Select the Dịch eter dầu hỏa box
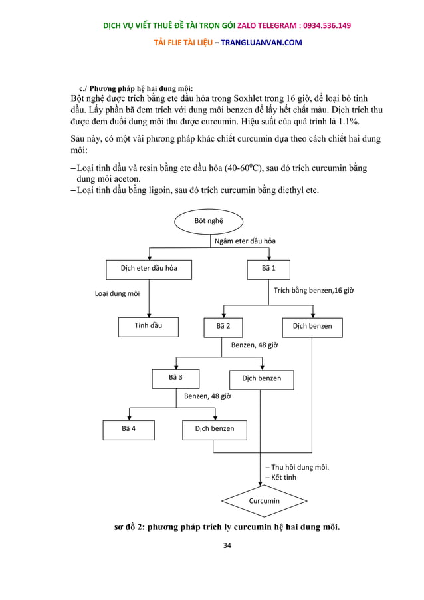tap(148, 269)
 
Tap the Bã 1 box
tap(268, 269)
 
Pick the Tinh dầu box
tap(148, 327)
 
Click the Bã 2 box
tap(223, 327)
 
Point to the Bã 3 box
tap(175, 378)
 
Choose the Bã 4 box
tap(129, 429)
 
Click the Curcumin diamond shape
tap(265, 501)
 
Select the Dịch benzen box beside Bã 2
tap(312, 327)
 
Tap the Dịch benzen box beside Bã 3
tap(261, 378)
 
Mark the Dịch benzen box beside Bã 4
tap(214, 429)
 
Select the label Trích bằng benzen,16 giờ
tap(314, 291)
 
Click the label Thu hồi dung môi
tap(299, 467)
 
